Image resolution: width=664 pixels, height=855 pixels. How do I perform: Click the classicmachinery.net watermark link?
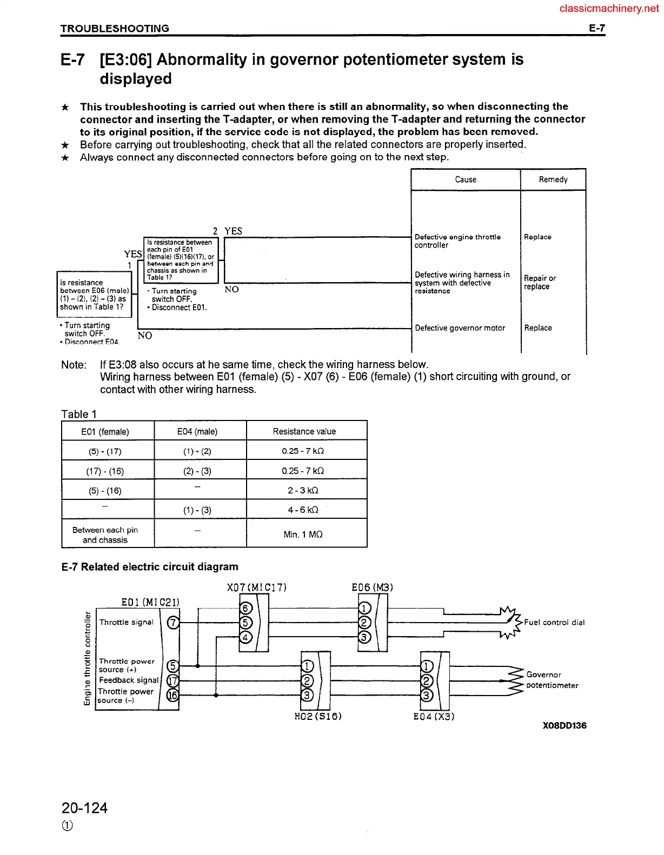609,9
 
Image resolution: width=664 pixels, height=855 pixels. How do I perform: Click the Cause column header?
465,179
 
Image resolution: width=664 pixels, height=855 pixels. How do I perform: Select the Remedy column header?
553,179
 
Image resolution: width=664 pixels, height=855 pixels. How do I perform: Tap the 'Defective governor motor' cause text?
460,328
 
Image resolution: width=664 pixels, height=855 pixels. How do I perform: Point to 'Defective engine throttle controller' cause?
457,241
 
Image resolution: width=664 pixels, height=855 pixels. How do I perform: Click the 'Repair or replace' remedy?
540,282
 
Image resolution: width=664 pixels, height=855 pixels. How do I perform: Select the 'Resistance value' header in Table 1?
304,431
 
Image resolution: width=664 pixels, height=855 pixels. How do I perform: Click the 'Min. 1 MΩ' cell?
303,535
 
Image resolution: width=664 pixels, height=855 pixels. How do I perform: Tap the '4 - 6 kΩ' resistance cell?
303,510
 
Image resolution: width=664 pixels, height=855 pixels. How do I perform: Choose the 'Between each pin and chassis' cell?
105,535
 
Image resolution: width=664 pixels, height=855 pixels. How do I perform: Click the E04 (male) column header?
197,431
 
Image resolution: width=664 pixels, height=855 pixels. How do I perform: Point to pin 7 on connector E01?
173,622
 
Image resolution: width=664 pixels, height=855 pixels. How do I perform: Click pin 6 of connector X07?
245,608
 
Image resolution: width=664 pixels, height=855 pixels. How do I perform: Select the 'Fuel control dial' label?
554,622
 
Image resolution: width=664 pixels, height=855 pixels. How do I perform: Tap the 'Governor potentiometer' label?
552,680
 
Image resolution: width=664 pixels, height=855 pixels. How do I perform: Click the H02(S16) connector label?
318,716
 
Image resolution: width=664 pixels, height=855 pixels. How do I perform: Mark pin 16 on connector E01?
172,696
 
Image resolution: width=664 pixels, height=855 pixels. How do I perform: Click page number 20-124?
84,808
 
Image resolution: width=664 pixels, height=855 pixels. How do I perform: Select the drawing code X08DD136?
564,725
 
